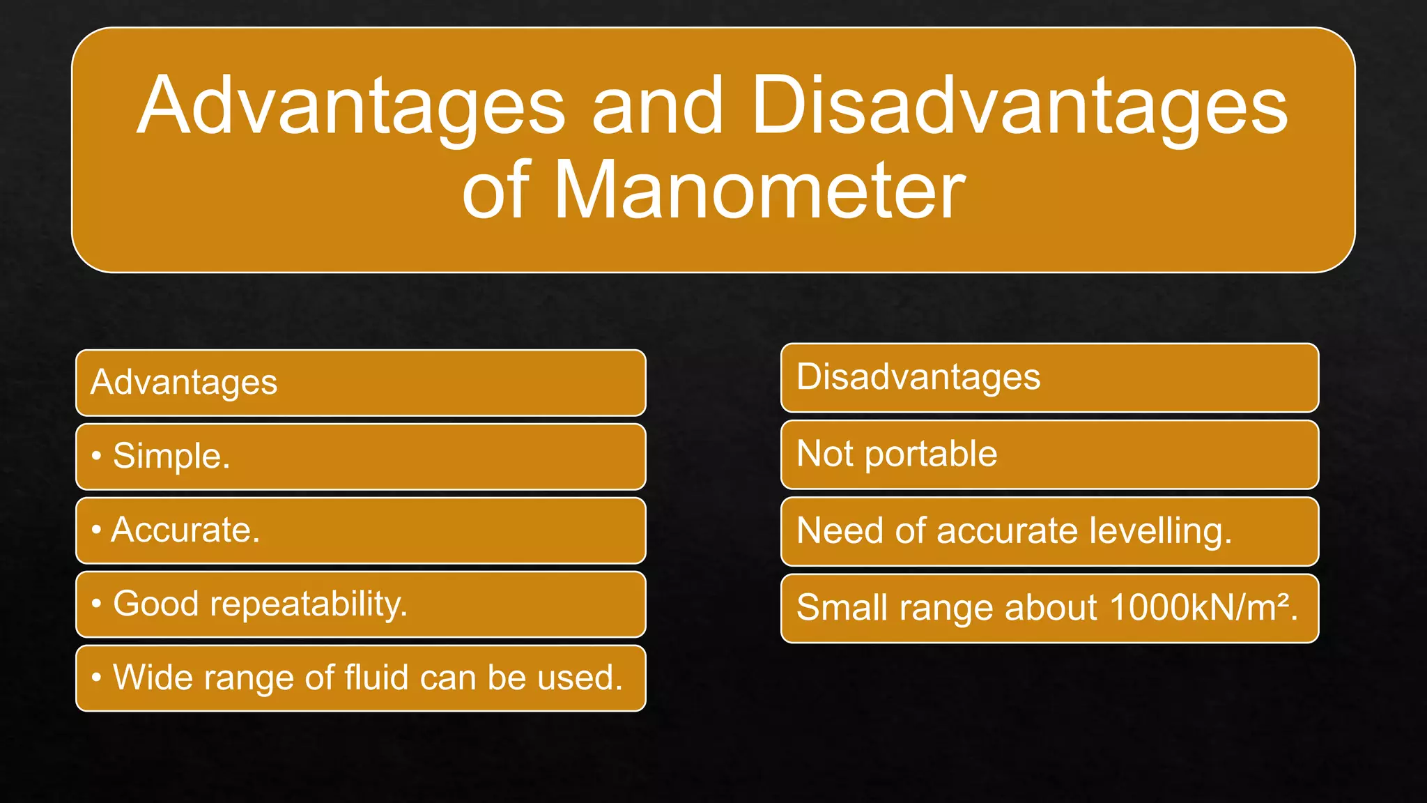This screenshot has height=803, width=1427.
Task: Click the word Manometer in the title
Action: click(x=759, y=190)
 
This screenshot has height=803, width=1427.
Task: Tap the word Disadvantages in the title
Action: click(x=1019, y=106)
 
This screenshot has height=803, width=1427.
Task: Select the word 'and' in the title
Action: click(x=657, y=106)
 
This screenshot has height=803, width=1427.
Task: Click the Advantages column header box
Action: click(x=360, y=383)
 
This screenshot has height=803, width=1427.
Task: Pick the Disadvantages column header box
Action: click(x=1049, y=378)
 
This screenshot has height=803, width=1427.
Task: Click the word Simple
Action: click(x=171, y=456)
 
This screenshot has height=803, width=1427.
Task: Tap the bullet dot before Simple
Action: click(x=97, y=456)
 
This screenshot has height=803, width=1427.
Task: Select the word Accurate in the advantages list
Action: click(x=185, y=530)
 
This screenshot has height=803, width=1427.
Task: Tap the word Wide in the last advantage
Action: click(x=150, y=678)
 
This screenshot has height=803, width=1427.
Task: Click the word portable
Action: click(x=931, y=454)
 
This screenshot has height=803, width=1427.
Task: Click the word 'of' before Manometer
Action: click(x=497, y=190)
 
